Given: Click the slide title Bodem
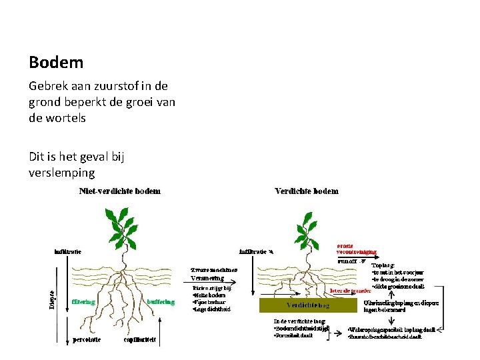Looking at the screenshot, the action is pos(56,63).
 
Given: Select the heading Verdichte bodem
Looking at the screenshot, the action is pos(307,191).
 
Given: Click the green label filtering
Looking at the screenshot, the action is pos(83,301).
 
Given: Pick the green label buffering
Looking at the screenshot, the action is pos(161,301).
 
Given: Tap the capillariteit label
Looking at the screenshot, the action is pos(141,339).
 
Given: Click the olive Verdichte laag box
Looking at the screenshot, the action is pos(309,306).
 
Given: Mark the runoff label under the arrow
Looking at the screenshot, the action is pos(345,261).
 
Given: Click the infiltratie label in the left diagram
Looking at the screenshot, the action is pos(68,252).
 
